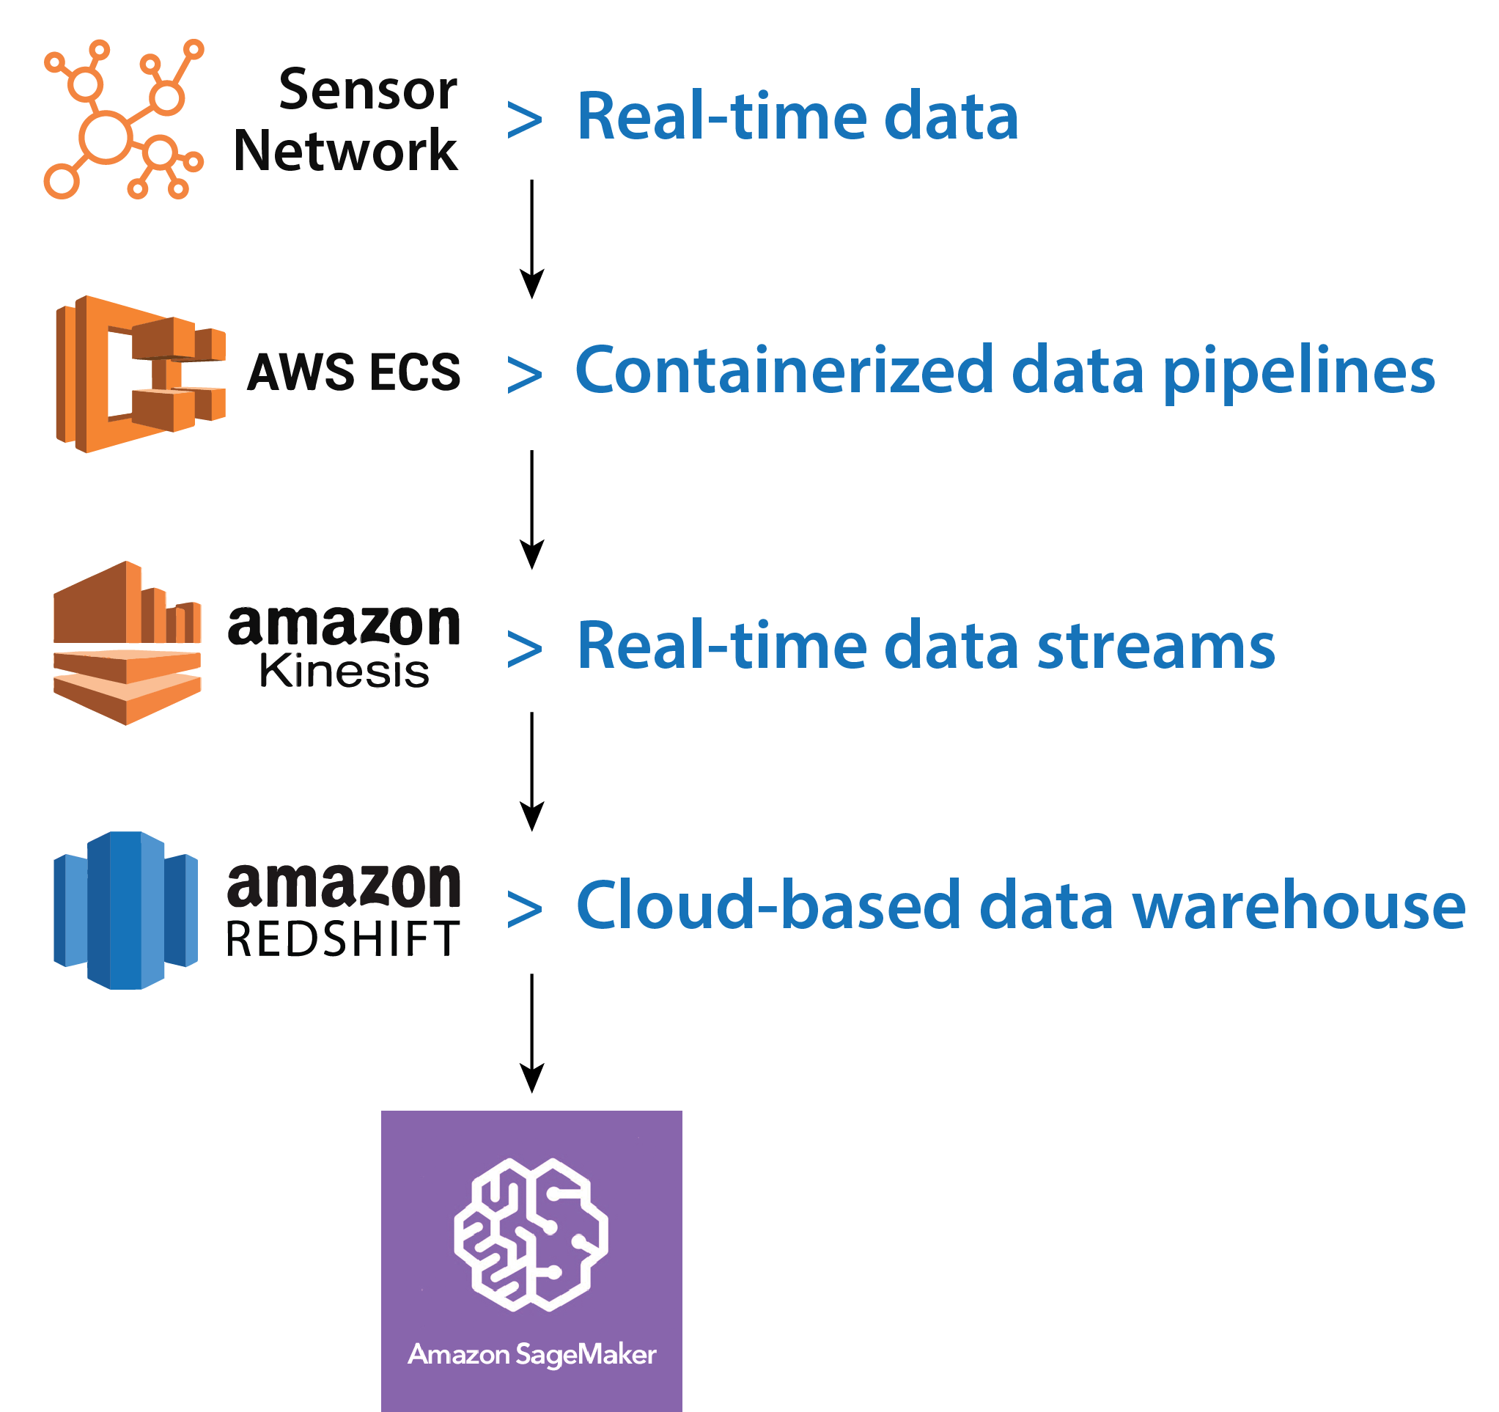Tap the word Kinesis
pos(342,672)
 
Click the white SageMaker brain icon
pos(531,1234)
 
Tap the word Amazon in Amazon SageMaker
pos(458,1355)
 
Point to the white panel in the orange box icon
pos(119,374)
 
